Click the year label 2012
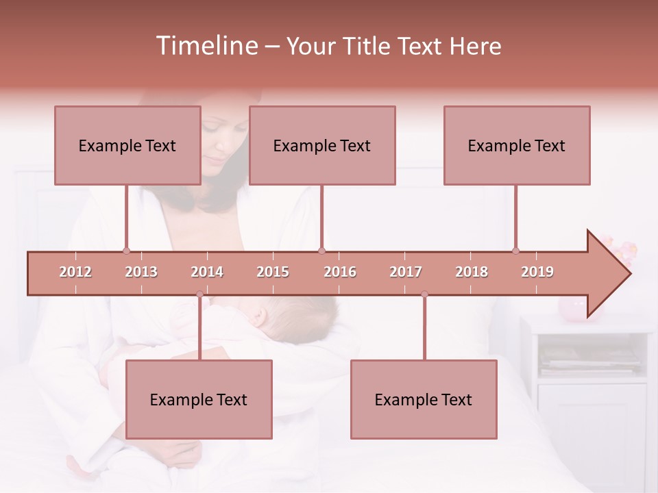tap(75, 272)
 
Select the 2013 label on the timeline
tap(141, 272)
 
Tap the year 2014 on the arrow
tap(207, 272)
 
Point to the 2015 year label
tap(273, 272)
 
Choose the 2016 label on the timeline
tap(340, 272)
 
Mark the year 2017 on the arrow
tap(406, 272)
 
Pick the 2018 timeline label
tap(472, 272)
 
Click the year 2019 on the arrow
tap(537, 272)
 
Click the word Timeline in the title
tap(206, 46)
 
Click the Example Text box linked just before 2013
tap(127, 145)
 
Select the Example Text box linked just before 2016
tap(322, 145)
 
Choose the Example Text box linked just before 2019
tap(517, 145)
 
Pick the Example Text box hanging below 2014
tap(199, 399)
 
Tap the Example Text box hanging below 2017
tap(424, 399)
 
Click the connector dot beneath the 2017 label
tap(424, 294)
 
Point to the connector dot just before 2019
tap(515, 251)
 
